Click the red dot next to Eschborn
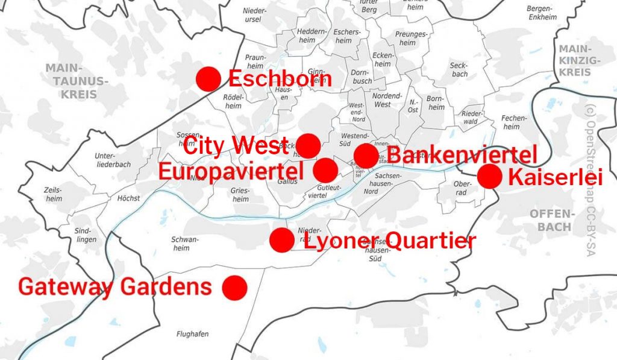(208, 79)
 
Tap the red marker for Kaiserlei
(489, 177)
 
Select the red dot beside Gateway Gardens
(234, 287)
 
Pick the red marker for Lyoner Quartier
(281, 240)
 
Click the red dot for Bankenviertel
(366, 156)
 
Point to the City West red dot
(308, 146)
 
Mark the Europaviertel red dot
(326, 170)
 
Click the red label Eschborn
(280, 79)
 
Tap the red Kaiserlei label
(554, 177)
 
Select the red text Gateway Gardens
(115, 287)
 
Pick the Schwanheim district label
(185, 244)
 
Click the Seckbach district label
(459, 70)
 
